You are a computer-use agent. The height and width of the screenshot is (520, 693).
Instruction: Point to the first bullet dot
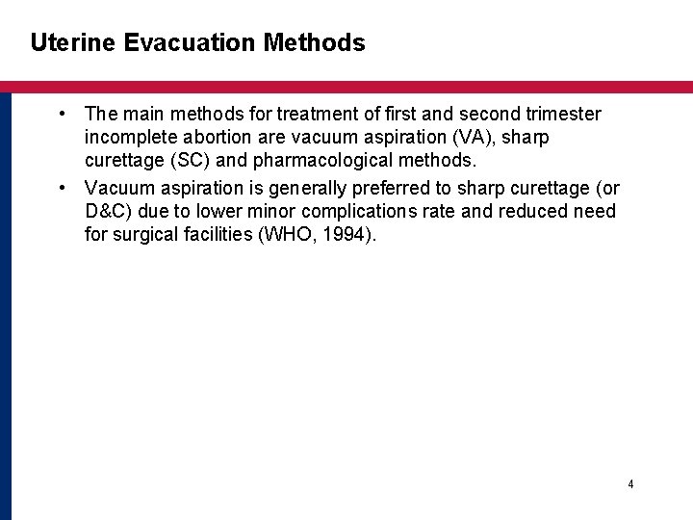62,115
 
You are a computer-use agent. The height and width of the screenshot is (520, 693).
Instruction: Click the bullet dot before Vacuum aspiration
62,187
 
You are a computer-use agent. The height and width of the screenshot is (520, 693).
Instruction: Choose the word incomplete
132,139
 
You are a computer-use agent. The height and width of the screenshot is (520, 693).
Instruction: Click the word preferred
396,187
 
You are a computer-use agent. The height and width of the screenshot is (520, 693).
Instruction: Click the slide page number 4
630,484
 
